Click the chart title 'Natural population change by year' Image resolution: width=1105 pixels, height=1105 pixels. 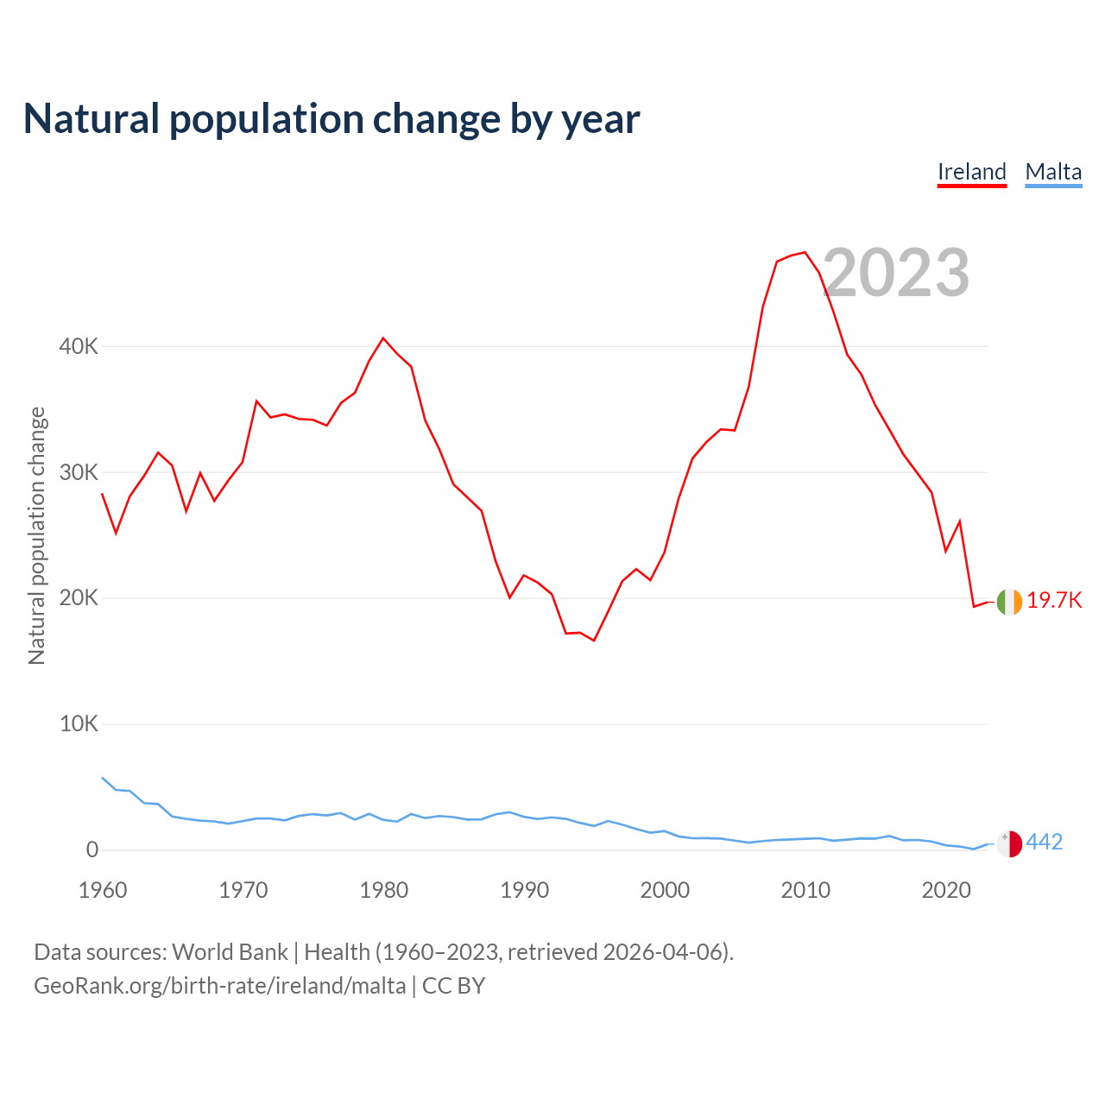tap(331, 119)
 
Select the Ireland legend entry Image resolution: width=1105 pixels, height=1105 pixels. tap(972, 172)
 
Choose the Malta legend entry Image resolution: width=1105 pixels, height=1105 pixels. tap(1053, 172)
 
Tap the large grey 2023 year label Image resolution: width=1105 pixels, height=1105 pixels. tap(897, 273)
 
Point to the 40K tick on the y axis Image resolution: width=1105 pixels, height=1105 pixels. tap(79, 347)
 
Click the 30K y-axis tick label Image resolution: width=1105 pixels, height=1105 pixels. tap(79, 473)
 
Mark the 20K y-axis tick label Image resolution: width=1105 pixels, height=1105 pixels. tap(79, 598)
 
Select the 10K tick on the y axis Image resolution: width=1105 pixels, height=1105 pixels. tap(79, 724)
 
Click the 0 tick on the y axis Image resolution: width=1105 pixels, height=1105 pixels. tap(92, 850)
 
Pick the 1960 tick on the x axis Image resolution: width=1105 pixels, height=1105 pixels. tap(103, 890)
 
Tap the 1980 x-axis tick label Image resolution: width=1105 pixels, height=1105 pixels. tap(384, 890)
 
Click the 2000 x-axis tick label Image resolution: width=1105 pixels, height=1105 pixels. tap(665, 890)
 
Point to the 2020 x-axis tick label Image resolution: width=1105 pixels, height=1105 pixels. tap(946, 890)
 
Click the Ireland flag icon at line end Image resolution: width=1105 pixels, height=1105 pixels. tap(1009, 602)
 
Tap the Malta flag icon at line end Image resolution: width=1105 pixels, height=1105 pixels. tap(1009, 843)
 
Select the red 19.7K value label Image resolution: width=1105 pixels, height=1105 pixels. tap(1054, 601)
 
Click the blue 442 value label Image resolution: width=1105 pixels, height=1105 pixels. tap(1045, 843)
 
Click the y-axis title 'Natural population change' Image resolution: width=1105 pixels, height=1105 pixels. tap(36, 535)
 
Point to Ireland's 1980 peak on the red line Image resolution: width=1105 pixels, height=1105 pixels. tap(383, 338)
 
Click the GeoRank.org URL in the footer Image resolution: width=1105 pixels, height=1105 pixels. tap(219, 986)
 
